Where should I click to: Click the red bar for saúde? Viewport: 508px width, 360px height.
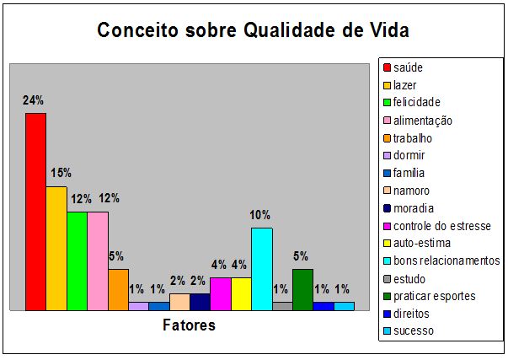(35, 212)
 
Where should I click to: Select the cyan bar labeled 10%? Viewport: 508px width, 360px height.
(261, 269)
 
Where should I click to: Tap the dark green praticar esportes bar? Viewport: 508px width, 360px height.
(302, 289)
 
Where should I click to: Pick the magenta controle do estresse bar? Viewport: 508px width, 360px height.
(220, 293)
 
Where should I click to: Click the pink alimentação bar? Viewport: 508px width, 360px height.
(98, 261)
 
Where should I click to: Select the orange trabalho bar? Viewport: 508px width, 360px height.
(118, 289)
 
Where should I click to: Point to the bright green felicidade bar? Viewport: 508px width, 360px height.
(77, 261)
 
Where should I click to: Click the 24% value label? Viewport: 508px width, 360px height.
(34, 100)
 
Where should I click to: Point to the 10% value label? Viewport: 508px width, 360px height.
(260, 214)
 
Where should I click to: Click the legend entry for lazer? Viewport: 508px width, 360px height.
(405, 85)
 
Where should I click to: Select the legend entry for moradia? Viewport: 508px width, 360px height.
(412, 208)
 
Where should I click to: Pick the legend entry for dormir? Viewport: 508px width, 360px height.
(409, 155)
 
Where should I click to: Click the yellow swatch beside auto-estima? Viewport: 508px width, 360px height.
(387, 244)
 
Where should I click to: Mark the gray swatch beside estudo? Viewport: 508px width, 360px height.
(387, 278)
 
